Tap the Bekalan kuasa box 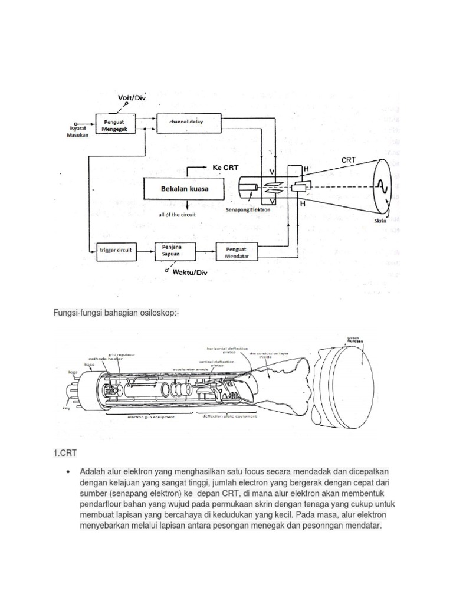point(185,189)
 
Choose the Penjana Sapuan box point(174,251)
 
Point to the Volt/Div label point(131,97)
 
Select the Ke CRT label point(225,168)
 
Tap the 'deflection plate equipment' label point(231,416)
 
